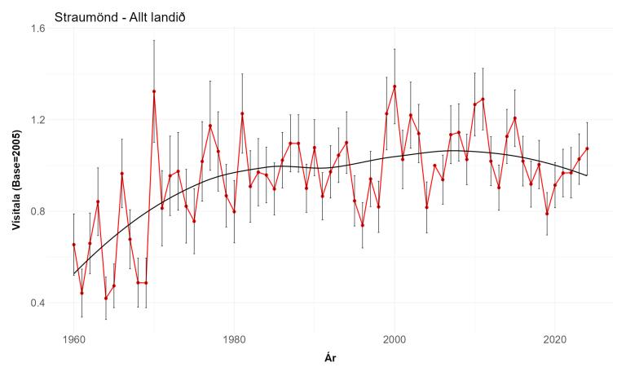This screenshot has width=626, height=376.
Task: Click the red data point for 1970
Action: (x=154, y=91)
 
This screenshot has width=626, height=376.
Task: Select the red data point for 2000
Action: (x=395, y=86)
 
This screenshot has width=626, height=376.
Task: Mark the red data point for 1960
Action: (x=73, y=245)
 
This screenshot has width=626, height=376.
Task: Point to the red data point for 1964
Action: (x=106, y=299)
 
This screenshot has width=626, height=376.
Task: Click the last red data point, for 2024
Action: (x=587, y=148)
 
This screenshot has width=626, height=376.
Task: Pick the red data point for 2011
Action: (x=483, y=100)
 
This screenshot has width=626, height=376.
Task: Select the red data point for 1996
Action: (x=363, y=225)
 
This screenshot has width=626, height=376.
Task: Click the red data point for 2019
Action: (x=547, y=214)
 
